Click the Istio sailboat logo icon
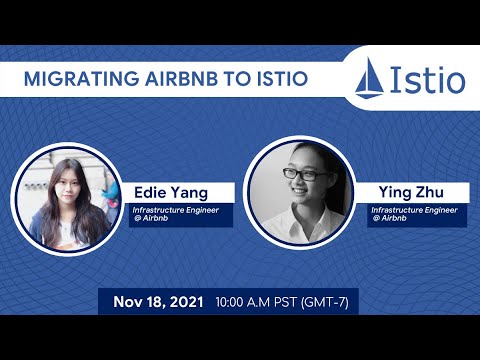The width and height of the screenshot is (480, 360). pyautogui.click(x=372, y=77)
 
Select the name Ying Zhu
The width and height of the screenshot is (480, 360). pyautogui.click(x=410, y=190)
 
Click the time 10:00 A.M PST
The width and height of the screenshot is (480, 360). pyautogui.click(x=265, y=301)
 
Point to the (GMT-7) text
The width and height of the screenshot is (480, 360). pyautogui.click(x=335, y=301)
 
